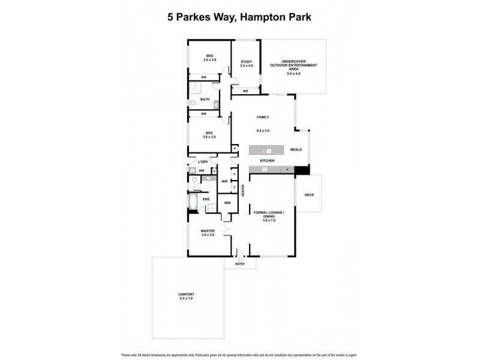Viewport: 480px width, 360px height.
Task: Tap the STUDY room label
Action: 246,62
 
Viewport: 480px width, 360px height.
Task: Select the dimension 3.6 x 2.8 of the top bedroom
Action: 209,60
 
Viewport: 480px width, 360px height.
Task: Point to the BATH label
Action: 205,100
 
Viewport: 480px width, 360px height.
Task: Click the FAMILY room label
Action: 263,117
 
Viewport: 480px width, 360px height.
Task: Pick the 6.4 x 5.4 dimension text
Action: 263,130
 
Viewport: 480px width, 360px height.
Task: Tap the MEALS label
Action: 296,150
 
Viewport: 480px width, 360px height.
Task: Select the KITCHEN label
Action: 268,161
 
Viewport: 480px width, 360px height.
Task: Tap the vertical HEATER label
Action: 243,190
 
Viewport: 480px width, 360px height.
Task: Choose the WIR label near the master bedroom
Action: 227,203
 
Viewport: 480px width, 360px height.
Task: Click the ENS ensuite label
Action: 206,199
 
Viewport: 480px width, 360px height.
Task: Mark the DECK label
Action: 309,195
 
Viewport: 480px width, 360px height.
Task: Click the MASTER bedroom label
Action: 209,230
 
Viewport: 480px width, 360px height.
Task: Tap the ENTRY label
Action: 240,264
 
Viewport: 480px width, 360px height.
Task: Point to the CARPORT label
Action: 187,293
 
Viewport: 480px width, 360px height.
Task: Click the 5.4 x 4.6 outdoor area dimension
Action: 293,73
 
